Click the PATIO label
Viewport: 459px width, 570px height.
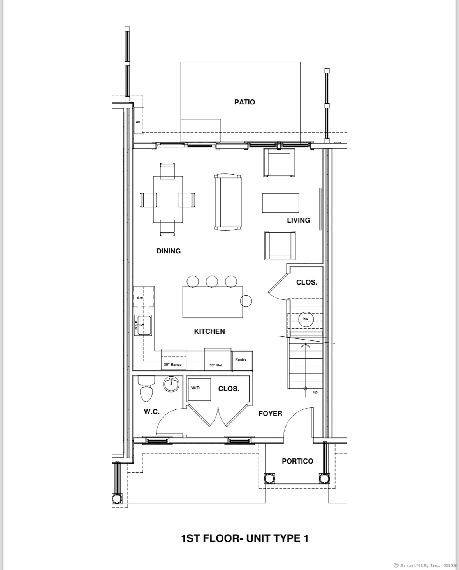pos(245,102)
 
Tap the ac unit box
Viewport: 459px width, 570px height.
pos(139,120)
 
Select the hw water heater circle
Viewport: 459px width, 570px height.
pos(306,319)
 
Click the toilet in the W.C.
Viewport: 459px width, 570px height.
pos(146,388)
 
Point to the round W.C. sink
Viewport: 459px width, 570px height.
pos(171,384)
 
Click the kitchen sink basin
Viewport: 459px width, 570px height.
pos(143,325)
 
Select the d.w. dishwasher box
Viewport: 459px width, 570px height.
pos(143,297)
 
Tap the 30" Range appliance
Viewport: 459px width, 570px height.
pos(174,359)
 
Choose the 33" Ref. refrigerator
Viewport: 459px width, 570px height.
pos(218,359)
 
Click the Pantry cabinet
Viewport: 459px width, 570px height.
pos(242,361)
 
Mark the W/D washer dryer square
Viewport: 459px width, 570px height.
pos(199,389)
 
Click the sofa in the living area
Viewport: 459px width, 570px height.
pos(228,202)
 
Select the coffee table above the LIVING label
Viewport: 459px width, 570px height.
pos(281,203)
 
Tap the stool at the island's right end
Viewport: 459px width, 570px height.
pos(246,301)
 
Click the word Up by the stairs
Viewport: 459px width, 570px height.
pos(315,392)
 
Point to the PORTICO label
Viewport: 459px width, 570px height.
pos(297,461)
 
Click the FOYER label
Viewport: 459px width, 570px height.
pos(270,413)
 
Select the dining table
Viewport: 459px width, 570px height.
pos(168,199)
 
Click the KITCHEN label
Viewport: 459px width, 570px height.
pos(209,331)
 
